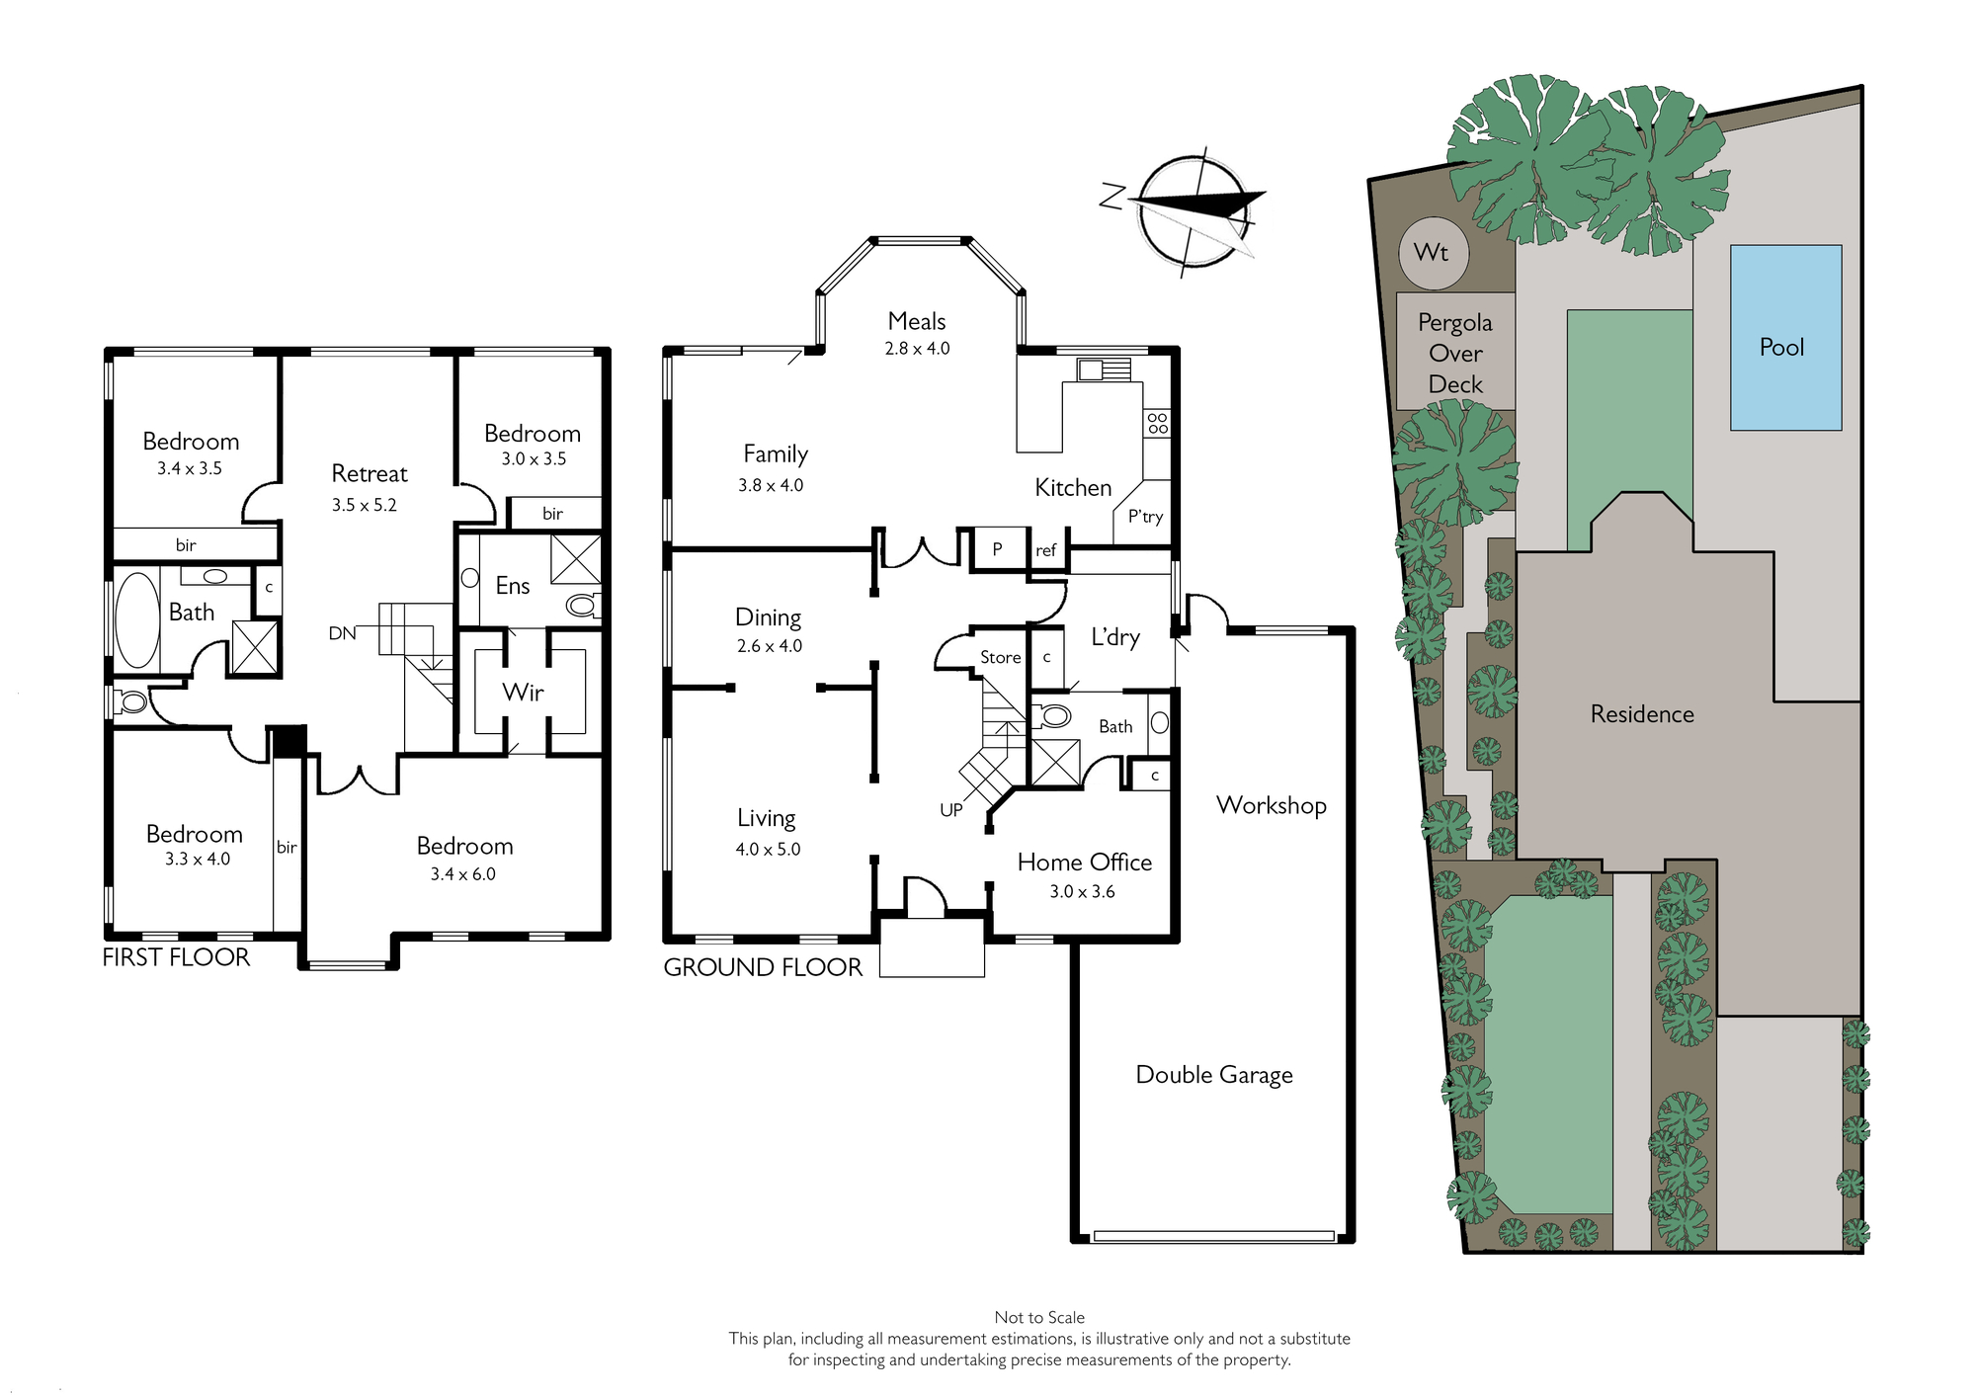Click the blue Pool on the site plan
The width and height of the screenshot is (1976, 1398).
point(1785,337)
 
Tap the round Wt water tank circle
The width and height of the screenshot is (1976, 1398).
point(1434,253)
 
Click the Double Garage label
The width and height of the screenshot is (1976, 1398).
point(1214,1075)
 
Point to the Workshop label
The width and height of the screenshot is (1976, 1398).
point(1271,805)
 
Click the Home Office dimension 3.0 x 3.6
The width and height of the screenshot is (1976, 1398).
point(1082,891)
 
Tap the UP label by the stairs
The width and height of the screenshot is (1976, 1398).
point(950,810)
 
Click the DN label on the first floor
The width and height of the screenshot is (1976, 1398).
point(342,633)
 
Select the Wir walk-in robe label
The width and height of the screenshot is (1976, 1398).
point(523,693)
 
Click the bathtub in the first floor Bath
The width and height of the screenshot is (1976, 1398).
point(137,620)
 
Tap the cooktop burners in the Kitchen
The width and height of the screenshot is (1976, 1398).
point(1157,424)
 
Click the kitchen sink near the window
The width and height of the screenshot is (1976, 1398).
point(1104,370)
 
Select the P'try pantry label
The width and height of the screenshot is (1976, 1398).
point(1145,517)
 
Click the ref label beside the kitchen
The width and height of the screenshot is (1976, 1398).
point(1045,550)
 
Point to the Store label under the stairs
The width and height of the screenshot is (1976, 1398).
point(1000,657)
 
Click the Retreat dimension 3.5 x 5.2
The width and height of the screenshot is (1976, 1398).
point(364,505)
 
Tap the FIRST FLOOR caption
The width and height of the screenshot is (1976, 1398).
point(176,957)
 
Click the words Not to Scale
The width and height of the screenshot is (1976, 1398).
point(1039,1317)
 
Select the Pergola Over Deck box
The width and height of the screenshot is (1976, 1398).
point(1455,351)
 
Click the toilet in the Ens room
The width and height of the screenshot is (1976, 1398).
point(583,604)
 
